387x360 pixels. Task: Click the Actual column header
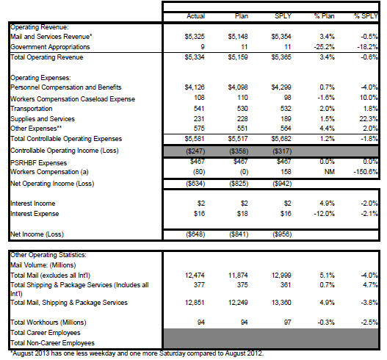[196, 16]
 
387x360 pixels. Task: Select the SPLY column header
[283, 16]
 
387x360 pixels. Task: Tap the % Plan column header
[325, 16]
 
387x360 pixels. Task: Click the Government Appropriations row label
[50, 47]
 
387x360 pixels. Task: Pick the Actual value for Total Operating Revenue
[195, 57]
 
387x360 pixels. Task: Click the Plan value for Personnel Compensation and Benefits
[238, 87]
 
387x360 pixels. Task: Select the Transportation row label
[32, 109]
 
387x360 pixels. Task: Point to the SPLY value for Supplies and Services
[286, 119]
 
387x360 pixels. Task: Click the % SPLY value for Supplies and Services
[369, 119]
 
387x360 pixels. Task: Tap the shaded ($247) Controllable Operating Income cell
[195, 151]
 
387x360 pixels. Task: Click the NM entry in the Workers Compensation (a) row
[330, 172]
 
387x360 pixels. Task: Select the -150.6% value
[366, 172]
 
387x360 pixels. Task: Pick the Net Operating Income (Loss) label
[52, 184]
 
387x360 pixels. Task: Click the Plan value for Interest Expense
[242, 214]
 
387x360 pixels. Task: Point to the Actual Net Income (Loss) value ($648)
[195, 234]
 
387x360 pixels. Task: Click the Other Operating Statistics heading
[48, 255]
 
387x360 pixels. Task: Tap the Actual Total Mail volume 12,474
[195, 276]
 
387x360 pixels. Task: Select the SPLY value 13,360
[281, 303]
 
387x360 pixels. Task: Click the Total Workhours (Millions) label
[48, 323]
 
